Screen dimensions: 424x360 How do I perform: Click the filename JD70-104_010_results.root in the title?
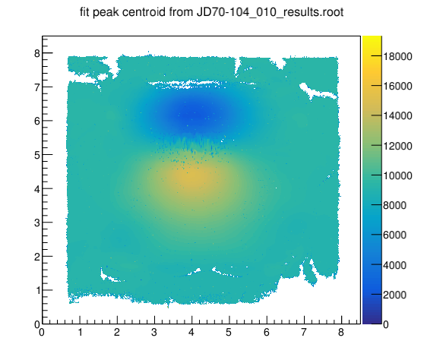point(270,13)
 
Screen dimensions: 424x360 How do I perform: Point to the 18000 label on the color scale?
point(397,56)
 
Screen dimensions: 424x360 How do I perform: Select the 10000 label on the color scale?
point(397,175)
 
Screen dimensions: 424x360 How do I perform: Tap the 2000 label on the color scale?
point(394,295)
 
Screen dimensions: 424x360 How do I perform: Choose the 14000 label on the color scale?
point(397,115)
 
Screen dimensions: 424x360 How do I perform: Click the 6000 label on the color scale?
point(394,235)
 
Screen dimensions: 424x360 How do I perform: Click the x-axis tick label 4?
point(191,332)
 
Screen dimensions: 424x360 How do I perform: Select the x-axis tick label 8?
point(341,332)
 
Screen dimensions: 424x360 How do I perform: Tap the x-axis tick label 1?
point(80,332)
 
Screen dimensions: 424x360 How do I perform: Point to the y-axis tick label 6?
point(37,121)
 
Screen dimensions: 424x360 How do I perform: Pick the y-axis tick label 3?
point(37,223)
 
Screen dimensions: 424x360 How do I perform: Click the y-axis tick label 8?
point(37,53)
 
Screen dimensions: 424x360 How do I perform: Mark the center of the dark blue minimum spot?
point(195,114)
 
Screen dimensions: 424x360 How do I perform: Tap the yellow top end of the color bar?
point(372,38)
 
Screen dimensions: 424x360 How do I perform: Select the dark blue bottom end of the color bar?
point(372,321)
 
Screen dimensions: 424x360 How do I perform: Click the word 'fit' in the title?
point(85,12)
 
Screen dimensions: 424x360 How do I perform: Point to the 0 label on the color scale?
point(386,324)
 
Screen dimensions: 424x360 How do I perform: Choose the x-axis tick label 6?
point(267,332)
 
